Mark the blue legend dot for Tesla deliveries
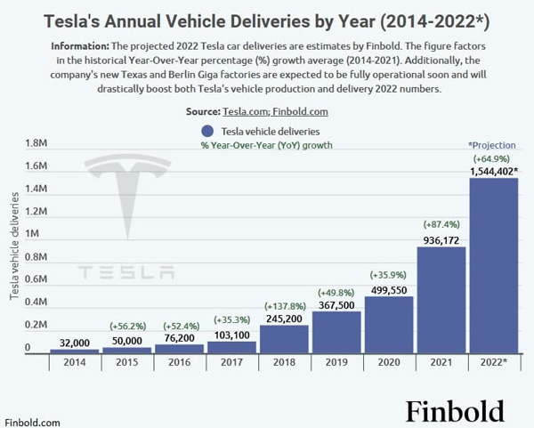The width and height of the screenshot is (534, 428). click(206, 132)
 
